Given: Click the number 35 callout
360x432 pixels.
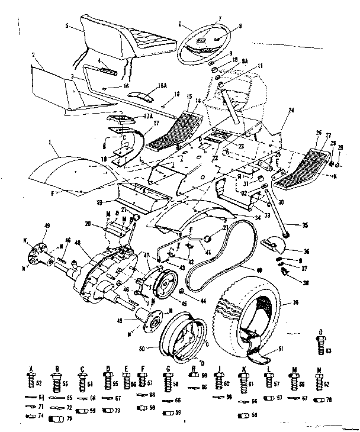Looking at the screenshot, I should (305, 225).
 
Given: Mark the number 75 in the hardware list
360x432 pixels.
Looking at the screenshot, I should (69, 418).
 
